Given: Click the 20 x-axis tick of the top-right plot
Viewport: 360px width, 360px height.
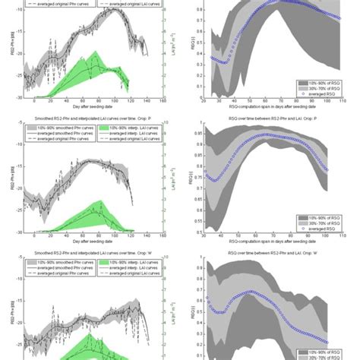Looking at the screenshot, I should click(204, 100).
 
